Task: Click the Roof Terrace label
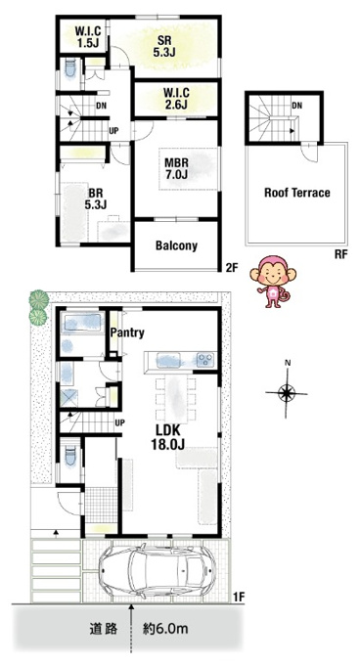[296, 193]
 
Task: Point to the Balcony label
[176, 245]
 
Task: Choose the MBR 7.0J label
[176, 168]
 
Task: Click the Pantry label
[127, 332]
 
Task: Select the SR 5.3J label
[164, 46]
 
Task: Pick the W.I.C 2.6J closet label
[174, 99]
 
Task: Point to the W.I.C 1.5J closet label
[88, 37]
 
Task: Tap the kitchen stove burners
[206, 360]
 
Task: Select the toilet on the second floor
[70, 68]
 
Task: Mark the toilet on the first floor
[70, 457]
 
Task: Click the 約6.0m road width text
[165, 628]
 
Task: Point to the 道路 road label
[104, 629]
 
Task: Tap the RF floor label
[340, 255]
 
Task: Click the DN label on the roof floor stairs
[296, 106]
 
